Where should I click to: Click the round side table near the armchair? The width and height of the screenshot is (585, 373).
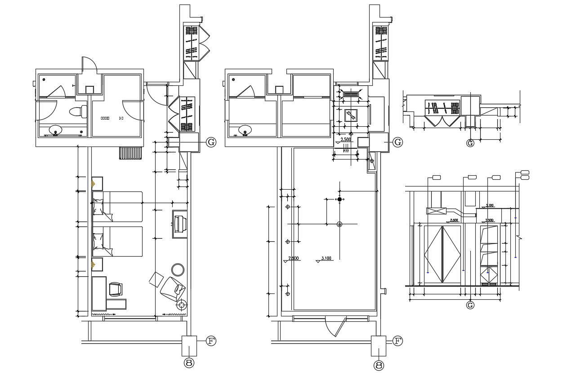[x=178, y=270]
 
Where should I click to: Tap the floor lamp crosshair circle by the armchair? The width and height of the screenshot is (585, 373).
[x=182, y=305]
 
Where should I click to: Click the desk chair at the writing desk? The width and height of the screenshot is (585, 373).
[x=116, y=289]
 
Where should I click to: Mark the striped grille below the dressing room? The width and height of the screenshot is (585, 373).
[x=131, y=153]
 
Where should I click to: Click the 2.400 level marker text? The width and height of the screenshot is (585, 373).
[x=454, y=220]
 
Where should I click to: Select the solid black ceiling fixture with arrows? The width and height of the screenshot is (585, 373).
[x=339, y=199]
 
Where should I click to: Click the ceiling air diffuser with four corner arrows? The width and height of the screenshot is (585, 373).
[x=352, y=95]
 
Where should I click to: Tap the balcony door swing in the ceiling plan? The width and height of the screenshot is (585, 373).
[x=336, y=326]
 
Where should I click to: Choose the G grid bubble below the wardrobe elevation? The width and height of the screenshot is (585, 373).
[x=470, y=306]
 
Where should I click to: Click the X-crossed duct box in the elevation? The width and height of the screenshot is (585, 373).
[x=436, y=211]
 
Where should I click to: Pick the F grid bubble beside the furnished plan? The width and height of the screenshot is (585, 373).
[x=211, y=341]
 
